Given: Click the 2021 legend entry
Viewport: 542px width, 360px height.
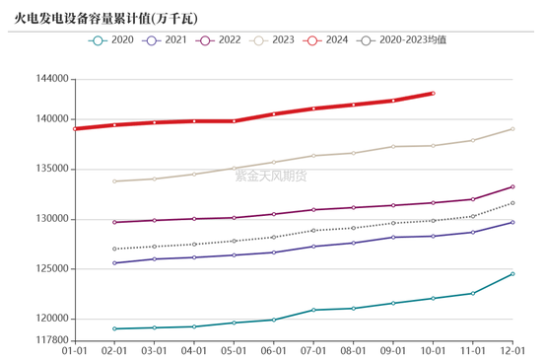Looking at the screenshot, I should [x=167, y=40].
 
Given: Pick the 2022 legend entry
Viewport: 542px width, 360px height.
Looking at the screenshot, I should [x=222, y=40].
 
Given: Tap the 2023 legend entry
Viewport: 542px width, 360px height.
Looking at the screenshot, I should [x=277, y=40].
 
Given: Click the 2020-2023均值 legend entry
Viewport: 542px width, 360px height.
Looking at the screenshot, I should [x=405, y=40].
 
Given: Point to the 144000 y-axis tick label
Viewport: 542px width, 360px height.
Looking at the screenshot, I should [x=49, y=79].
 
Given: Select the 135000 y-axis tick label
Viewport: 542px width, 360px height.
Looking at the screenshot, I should [x=49, y=169].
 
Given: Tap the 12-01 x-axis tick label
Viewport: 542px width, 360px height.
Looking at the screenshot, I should [x=512, y=350].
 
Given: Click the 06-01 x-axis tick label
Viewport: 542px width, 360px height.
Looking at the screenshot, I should [x=273, y=350].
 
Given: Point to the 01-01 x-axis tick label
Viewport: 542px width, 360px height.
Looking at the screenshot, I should [x=75, y=350].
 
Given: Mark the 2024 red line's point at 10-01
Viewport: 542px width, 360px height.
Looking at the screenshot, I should [x=433, y=93].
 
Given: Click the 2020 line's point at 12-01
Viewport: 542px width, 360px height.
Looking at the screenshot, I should [x=512, y=273].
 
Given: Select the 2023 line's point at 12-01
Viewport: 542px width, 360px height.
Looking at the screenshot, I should [x=512, y=129].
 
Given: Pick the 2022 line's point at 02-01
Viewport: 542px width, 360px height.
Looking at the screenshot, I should [x=114, y=222].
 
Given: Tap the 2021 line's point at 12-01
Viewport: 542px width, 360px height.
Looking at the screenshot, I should [x=512, y=222].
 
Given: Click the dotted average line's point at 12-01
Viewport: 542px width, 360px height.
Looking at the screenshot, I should [x=512, y=203].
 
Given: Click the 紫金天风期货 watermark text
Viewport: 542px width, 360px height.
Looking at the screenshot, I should [x=270, y=176].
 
